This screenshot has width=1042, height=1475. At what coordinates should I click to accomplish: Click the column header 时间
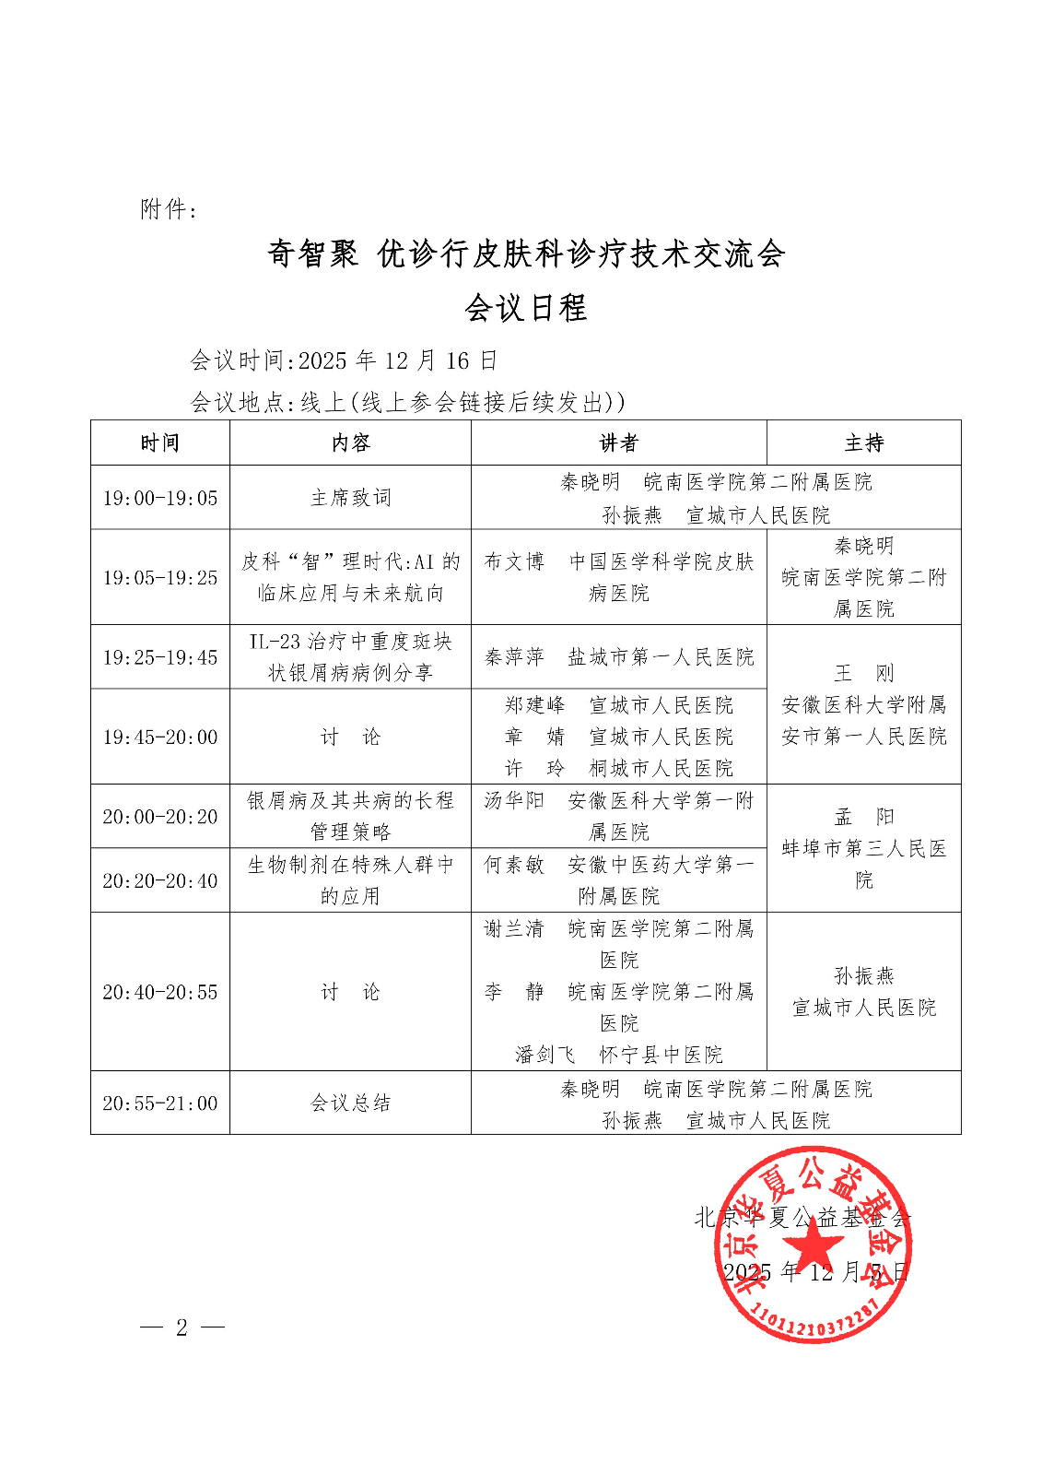(x=159, y=443)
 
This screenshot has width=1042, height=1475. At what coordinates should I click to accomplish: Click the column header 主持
(x=863, y=443)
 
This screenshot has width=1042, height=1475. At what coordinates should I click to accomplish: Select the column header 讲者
(x=618, y=443)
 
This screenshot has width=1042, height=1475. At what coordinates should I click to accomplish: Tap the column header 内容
(x=350, y=443)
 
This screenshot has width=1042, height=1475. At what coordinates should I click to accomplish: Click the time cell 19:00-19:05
(x=160, y=498)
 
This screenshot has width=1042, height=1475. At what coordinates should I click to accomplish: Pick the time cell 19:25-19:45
(x=160, y=657)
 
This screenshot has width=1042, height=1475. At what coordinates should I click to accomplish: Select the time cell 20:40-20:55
(x=160, y=992)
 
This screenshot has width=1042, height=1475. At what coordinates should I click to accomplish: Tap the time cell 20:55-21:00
(x=160, y=1103)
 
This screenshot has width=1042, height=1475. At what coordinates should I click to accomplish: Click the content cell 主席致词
(x=350, y=498)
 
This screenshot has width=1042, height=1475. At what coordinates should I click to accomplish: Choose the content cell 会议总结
(x=350, y=1103)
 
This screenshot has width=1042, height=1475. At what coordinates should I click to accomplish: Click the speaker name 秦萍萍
(x=514, y=657)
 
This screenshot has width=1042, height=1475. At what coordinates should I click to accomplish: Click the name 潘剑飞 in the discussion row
(x=544, y=1055)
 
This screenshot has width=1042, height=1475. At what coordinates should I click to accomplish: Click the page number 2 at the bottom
(x=181, y=1327)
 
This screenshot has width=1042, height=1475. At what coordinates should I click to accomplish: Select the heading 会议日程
(x=526, y=308)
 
